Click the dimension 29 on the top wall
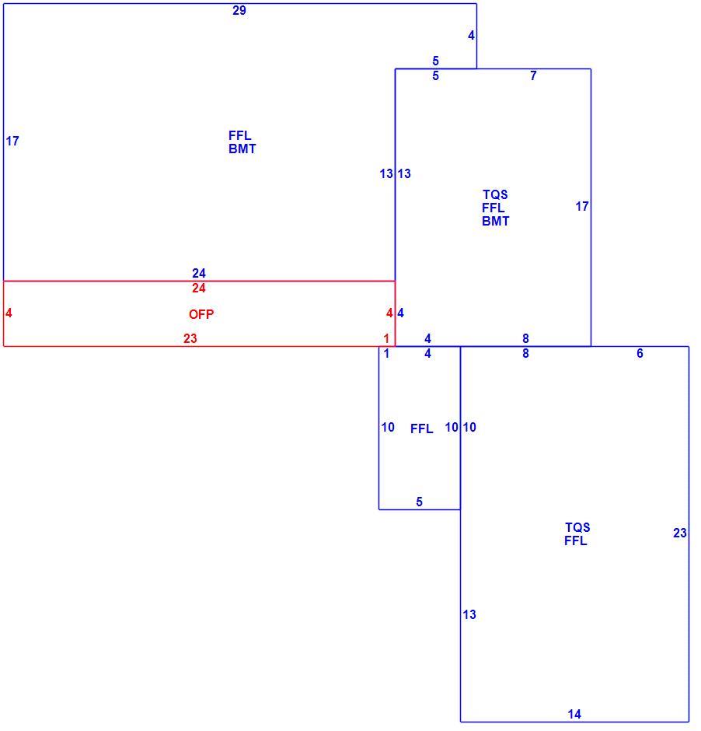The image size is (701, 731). click(x=239, y=10)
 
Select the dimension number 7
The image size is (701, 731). click(x=533, y=75)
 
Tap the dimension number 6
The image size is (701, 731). click(x=640, y=353)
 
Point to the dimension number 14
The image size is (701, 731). click(x=574, y=714)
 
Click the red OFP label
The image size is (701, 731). click(x=201, y=314)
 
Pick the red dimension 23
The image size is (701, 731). click(x=190, y=338)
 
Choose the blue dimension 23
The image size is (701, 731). click(x=679, y=533)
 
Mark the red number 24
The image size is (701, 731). click(x=199, y=288)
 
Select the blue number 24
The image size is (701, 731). click(x=199, y=273)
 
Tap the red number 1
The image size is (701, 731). click(x=386, y=338)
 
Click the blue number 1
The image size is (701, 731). click(x=386, y=353)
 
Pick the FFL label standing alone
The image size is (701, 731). click(x=421, y=428)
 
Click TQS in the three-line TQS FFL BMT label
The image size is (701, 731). click(x=495, y=194)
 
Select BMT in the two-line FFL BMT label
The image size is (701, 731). click(x=242, y=149)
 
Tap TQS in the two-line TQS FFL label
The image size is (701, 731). click(x=577, y=527)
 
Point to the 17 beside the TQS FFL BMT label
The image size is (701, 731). click(x=582, y=206)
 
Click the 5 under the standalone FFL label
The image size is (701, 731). click(x=419, y=502)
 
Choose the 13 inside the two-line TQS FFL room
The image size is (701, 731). click(x=469, y=614)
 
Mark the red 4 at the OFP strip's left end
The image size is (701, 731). click(x=9, y=313)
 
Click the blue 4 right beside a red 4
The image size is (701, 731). click(x=400, y=313)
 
